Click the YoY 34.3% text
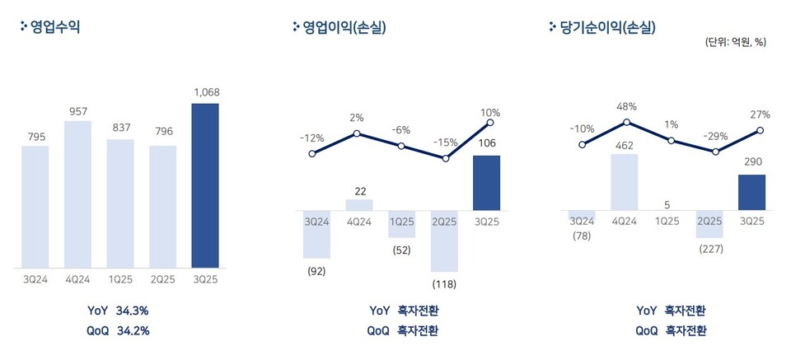coord(118,311)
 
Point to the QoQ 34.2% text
coord(118,330)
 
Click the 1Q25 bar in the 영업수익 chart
coord(120,203)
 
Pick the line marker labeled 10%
coord(490,123)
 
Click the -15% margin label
coord(446,142)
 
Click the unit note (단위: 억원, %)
coord(735,42)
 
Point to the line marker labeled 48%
coord(627,122)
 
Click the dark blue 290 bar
coord(752,192)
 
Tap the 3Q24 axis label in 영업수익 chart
coord(35,279)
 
